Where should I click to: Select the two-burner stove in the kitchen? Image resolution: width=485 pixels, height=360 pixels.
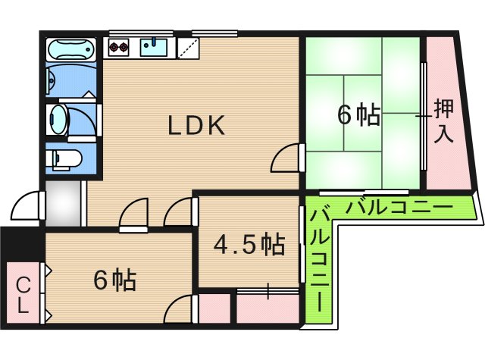tap(120, 49)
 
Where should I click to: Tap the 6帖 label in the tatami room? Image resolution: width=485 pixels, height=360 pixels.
tap(358, 115)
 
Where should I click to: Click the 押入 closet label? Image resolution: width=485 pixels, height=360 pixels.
tap(444, 121)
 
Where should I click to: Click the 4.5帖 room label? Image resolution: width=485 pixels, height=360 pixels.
tap(249, 244)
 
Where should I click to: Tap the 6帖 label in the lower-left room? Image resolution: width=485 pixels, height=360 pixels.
tap(115, 280)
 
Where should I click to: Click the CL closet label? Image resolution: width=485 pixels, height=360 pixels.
tap(23, 295)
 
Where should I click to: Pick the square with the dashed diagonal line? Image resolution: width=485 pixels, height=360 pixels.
tap(189, 48)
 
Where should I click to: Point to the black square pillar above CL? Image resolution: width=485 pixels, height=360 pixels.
tap(21, 243)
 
